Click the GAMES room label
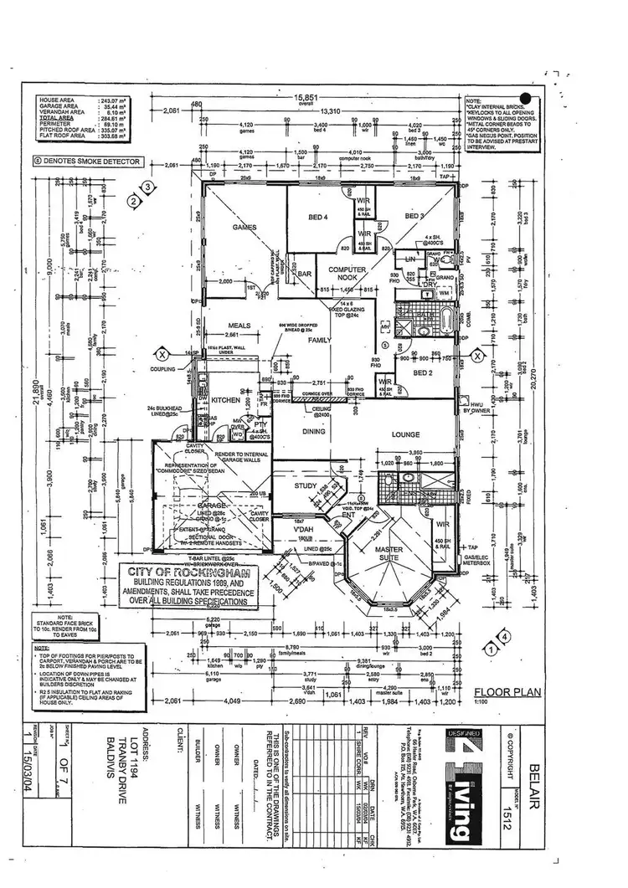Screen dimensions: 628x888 [x=243, y=227]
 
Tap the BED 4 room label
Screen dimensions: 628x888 [x=317, y=217]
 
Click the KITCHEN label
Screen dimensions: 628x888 [x=225, y=400]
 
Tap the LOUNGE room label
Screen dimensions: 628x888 [x=405, y=434]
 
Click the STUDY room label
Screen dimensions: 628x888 [x=304, y=485]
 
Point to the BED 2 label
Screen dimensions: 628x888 [x=423, y=372]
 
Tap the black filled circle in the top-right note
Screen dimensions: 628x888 [x=525, y=98]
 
